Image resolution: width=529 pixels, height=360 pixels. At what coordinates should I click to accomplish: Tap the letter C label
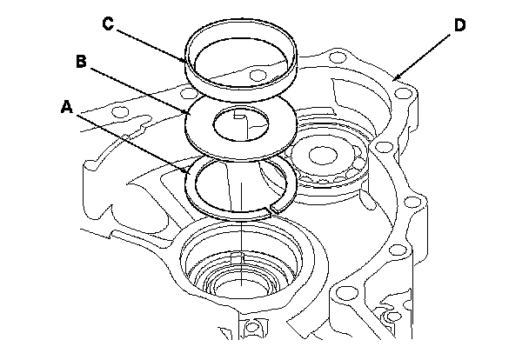pos(109,23)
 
